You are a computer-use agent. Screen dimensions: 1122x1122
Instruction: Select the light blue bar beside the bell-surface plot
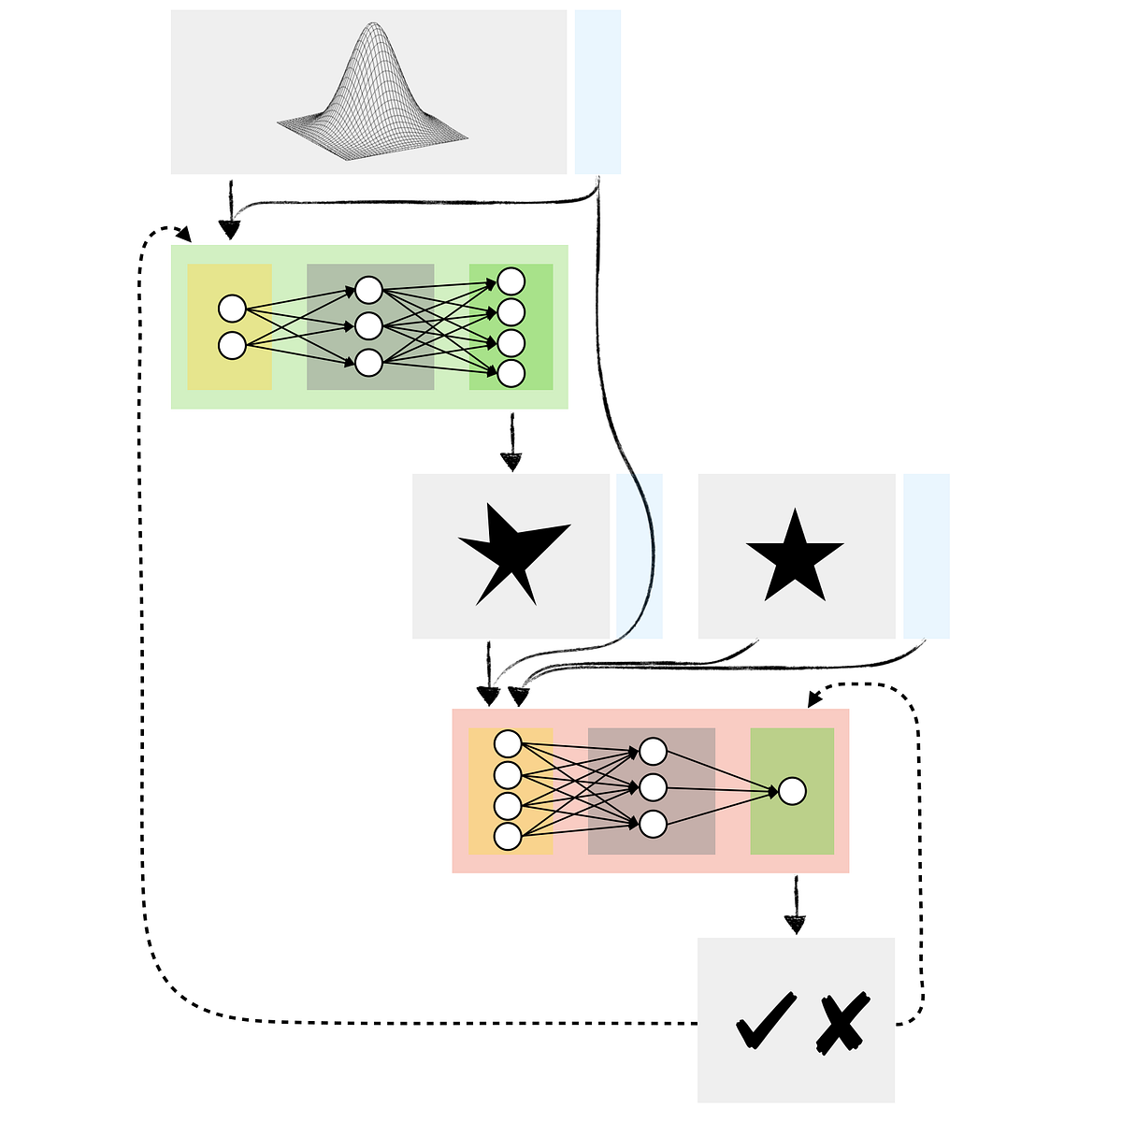[x=597, y=92]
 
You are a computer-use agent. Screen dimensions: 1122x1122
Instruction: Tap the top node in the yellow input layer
[x=232, y=309]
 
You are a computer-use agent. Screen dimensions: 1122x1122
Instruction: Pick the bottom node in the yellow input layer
[x=232, y=345]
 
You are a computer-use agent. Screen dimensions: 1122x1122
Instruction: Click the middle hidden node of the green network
[x=368, y=326]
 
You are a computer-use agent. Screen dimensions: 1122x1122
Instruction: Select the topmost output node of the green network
[x=511, y=280]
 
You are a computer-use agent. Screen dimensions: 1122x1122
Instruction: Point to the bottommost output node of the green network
[x=511, y=373]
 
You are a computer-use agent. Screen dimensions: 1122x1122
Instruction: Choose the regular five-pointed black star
[x=795, y=557]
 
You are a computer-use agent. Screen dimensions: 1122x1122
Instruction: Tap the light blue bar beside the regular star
[x=926, y=556]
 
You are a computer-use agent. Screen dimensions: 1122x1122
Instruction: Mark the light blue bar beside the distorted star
[x=640, y=556]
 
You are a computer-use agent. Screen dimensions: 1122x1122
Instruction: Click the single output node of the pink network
[x=792, y=791]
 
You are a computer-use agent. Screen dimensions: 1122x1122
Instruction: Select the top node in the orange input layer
[x=508, y=744]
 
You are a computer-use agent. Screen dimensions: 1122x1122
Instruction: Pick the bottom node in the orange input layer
[x=508, y=837]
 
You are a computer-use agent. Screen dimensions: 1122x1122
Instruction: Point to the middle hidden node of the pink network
[x=653, y=787]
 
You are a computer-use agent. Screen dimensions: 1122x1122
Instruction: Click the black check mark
[x=766, y=1021]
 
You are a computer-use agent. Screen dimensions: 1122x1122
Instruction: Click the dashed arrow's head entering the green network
[x=184, y=235]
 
